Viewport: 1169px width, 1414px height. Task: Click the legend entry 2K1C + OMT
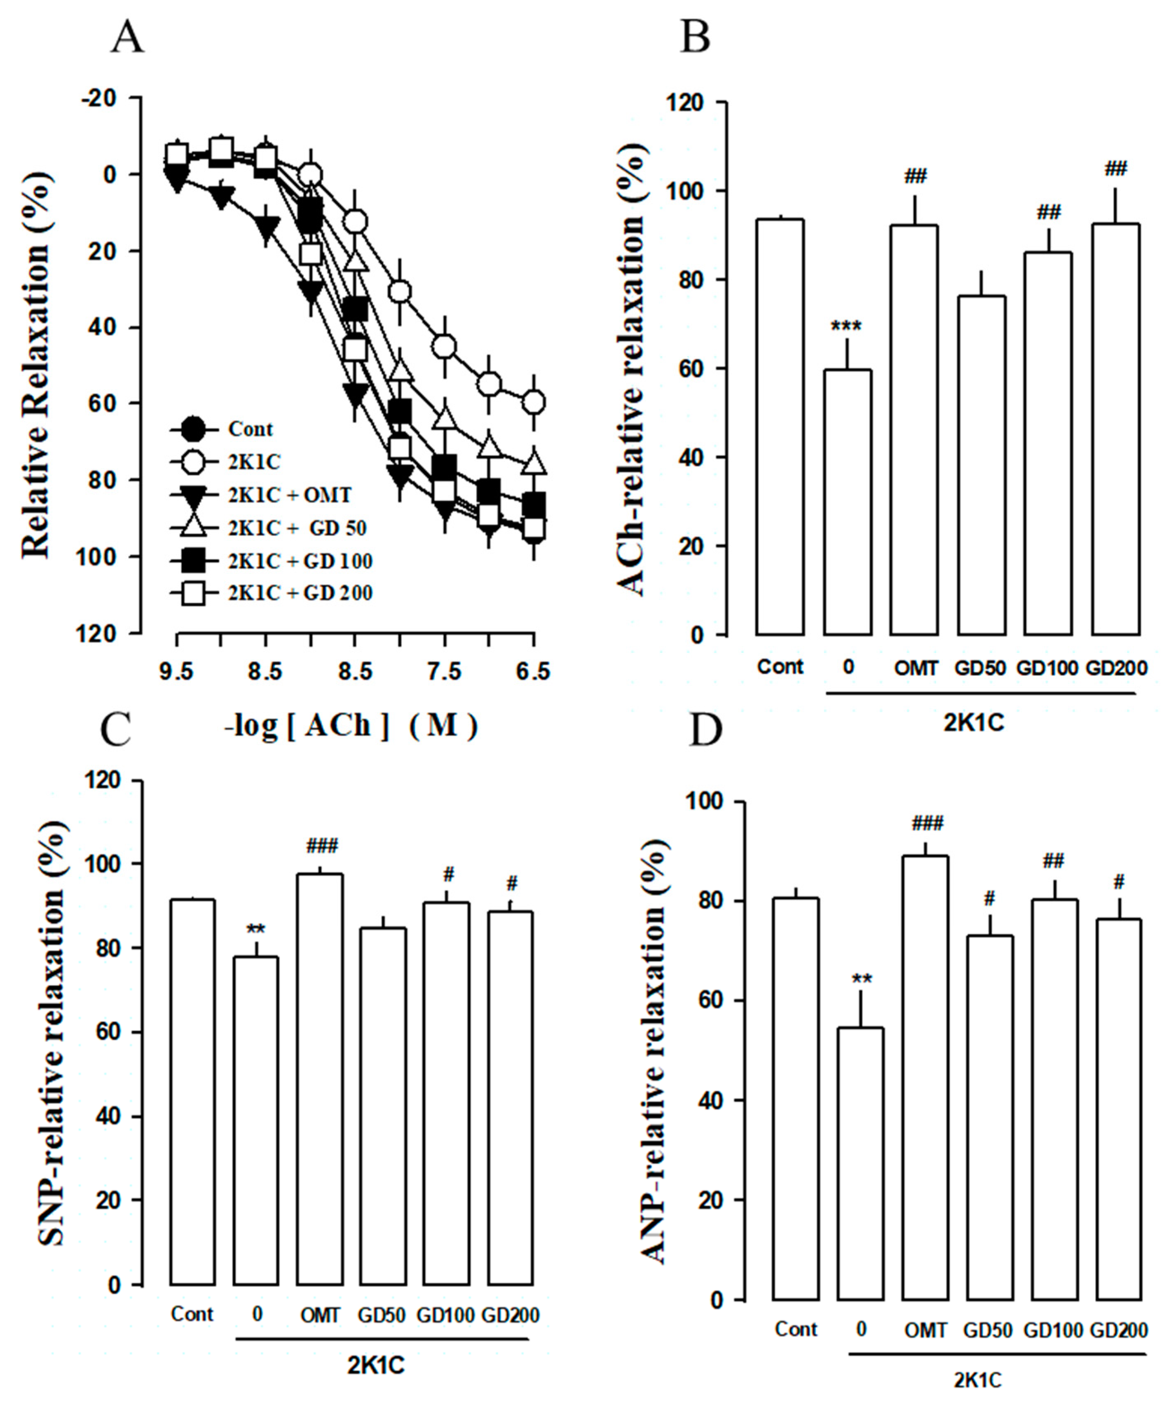coord(290,495)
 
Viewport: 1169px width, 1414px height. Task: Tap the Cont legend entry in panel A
coord(251,429)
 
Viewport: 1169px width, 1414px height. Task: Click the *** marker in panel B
coord(846,327)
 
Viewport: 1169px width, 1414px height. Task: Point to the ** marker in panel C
coord(256,930)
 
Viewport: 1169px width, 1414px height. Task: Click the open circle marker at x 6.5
coord(534,402)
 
